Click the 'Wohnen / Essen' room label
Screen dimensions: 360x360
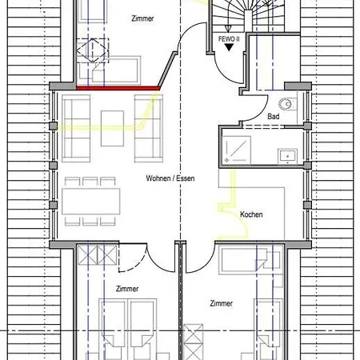coord(170,178)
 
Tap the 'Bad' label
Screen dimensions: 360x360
coord(274,117)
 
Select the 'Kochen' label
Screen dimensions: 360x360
coord(251,214)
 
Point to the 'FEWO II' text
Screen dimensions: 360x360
coord(229,39)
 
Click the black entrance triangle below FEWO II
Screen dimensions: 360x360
coord(229,47)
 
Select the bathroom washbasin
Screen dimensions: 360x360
coord(287,156)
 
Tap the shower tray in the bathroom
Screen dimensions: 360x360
coord(236,150)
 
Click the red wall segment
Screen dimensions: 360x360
coord(118,88)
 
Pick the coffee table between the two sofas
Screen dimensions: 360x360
coord(112,128)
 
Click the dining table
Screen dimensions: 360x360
coord(91,202)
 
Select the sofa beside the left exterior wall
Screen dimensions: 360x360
coord(76,128)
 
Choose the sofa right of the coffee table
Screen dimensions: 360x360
coord(149,128)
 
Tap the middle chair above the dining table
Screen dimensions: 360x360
coord(90,182)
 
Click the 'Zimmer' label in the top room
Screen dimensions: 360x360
coord(142,18)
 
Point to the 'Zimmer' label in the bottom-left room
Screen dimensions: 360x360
coord(127,289)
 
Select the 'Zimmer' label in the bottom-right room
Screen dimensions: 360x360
coord(222,303)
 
